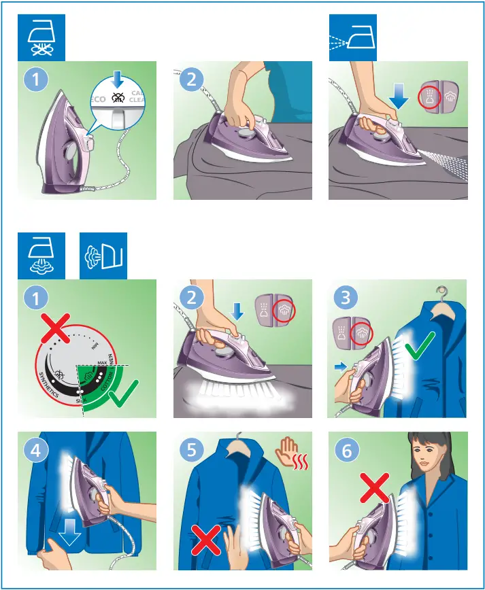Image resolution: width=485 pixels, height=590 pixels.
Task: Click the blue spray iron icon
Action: [x=352, y=37]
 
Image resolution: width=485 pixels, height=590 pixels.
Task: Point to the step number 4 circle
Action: [x=36, y=451]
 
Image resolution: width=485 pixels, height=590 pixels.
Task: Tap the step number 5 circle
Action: [x=193, y=451]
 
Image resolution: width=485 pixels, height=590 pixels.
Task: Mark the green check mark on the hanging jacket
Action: [x=419, y=352]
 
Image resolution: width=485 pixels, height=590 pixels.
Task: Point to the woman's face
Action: [x=427, y=462]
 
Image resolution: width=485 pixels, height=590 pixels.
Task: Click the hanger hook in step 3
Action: [x=441, y=292]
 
